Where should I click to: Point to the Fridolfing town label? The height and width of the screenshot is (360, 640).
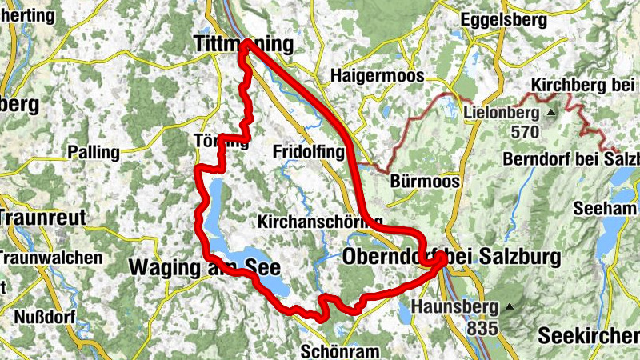tap(307, 151)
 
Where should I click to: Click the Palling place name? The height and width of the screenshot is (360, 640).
tap(94, 151)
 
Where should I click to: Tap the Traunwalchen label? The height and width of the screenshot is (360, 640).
tap(51, 258)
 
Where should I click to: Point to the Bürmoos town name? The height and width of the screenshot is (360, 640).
tap(426, 182)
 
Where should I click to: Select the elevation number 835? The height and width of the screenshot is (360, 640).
tap(484, 327)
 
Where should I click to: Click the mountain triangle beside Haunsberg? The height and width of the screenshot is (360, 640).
tap(508, 306)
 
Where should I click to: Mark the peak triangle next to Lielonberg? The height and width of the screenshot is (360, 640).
tap(550, 114)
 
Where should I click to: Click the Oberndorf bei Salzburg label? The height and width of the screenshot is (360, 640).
tap(451, 256)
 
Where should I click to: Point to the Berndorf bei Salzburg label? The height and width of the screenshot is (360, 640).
tap(571, 159)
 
